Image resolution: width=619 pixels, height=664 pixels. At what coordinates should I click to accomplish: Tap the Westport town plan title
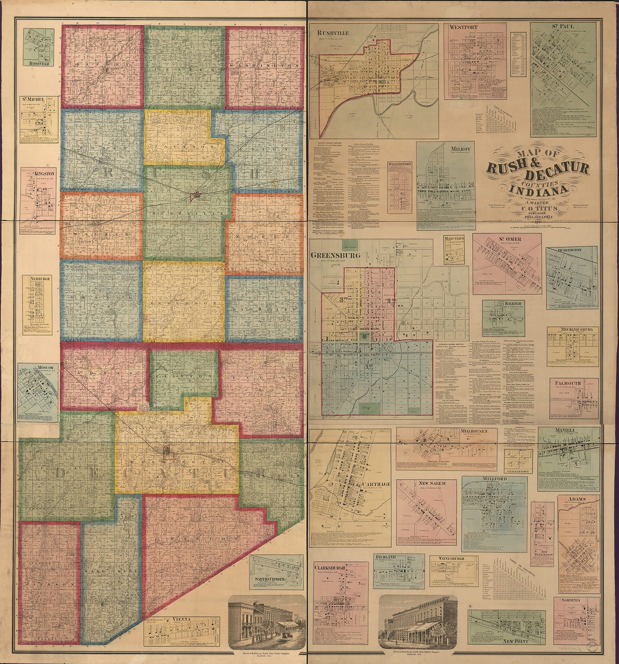pos(464,27)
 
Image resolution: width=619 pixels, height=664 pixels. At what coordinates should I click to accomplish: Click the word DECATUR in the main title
pos(554,168)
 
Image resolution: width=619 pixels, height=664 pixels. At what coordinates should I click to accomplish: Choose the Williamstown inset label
pos(400,165)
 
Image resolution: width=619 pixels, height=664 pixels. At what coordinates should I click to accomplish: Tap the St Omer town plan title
pos(510,240)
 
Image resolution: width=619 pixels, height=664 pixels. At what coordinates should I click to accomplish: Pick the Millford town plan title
pos(495,479)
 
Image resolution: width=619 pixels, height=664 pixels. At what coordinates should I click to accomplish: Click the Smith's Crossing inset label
pos(276,579)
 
